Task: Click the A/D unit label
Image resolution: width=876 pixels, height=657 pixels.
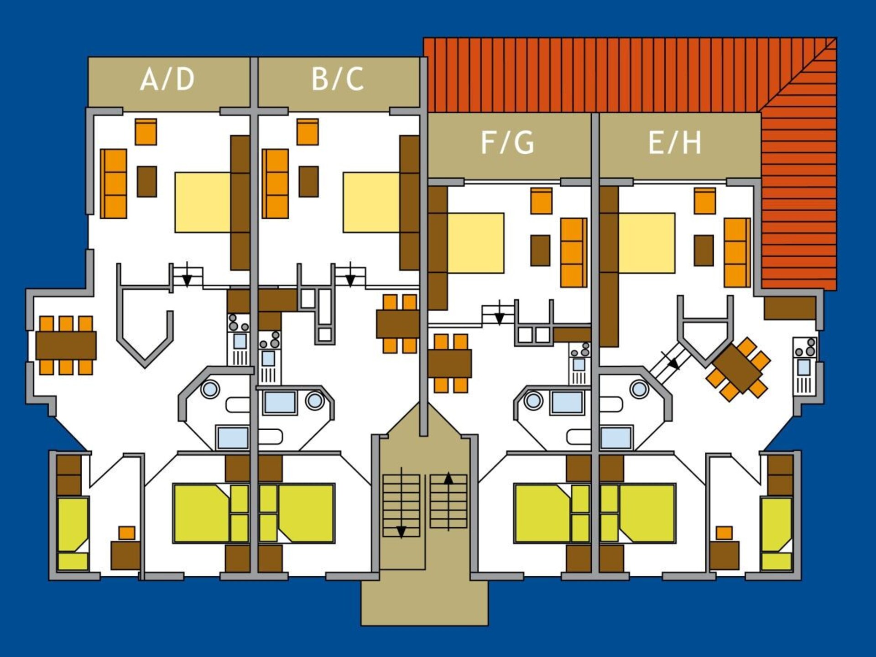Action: tap(167, 79)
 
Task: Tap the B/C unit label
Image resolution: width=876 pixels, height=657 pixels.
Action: tap(338, 79)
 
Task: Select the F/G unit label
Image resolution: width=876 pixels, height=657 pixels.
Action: tap(507, 142)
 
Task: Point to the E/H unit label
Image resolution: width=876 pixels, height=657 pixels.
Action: tap(675, 142)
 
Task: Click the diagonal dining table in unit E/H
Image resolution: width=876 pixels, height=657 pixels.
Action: tap(738, 369)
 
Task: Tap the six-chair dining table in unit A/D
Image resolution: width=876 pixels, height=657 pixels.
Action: tap(66, 345)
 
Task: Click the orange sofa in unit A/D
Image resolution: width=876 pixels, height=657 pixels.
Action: tap(113, 183)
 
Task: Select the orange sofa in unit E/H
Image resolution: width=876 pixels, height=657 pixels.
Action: tap(737, 252)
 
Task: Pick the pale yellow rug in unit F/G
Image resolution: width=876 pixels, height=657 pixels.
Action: tap(475, 243)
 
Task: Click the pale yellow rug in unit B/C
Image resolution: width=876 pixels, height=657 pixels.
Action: tap(371, 202)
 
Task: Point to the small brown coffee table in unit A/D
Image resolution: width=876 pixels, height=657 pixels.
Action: tap(147, 182)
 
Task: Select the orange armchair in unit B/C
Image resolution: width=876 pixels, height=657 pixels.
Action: tap(308, 132)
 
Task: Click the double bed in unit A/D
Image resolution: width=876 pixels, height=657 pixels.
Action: tap(211, 513)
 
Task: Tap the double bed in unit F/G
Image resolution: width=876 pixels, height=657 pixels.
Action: tap(552, 513)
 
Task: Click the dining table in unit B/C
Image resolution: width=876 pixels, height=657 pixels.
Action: tap(397, 324)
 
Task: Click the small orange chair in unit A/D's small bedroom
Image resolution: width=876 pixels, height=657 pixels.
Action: tap(127, 533)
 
